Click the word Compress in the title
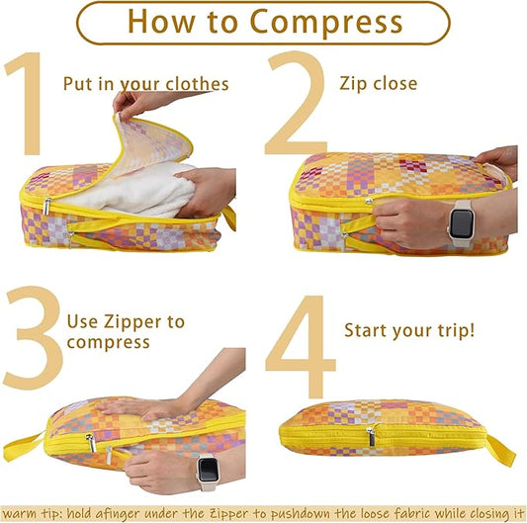(x=326, y=22)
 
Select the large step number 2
(x=297, y=103)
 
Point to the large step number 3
(x=34, y=338)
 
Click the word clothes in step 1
(x=198, y=84)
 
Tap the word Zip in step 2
(x=352, y=84)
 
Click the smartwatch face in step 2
(x=462, y=223)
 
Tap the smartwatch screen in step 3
(x=208, y=470)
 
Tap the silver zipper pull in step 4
(x=371, y=437)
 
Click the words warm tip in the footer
(x=33, y=514)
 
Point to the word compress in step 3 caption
(x=108, y=343)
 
